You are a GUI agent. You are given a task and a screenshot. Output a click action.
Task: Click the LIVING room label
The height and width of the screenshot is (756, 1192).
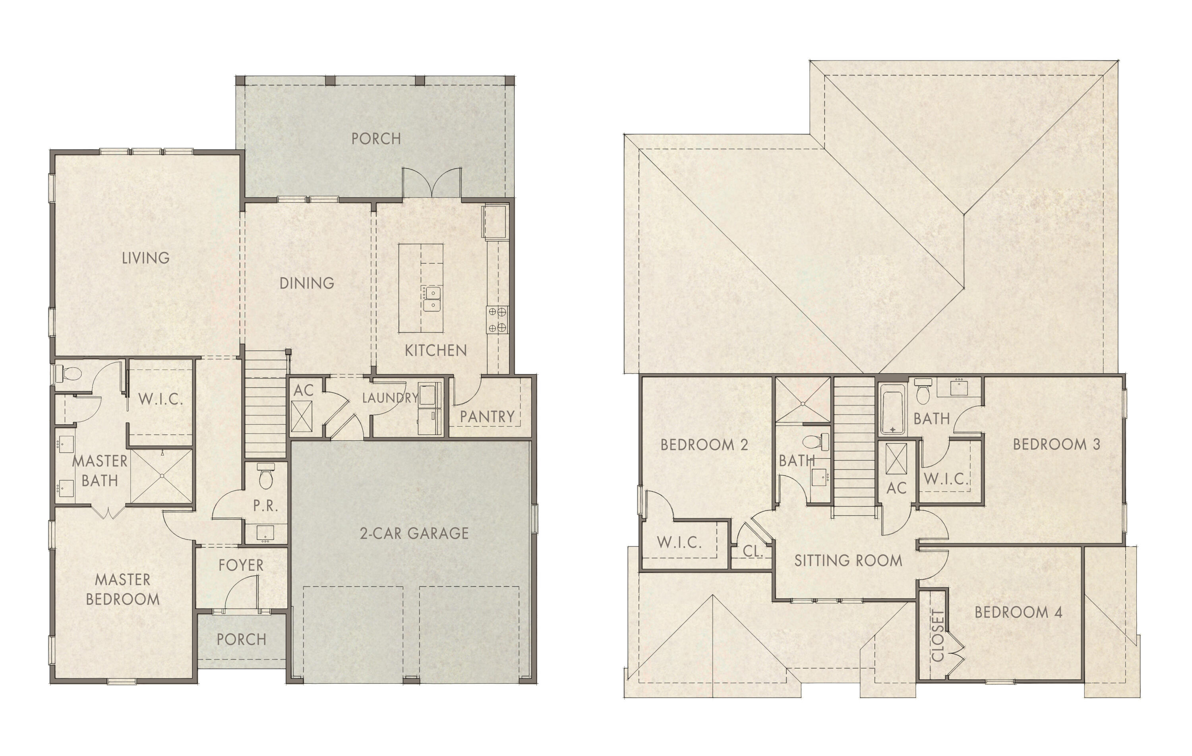[145, 258]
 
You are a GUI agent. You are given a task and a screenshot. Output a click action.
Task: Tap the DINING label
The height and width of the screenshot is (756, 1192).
[307, 283]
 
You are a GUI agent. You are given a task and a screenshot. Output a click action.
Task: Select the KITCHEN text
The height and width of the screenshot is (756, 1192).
[435, 350]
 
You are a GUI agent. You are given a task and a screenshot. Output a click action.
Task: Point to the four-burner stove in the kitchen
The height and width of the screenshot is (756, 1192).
[497, 319]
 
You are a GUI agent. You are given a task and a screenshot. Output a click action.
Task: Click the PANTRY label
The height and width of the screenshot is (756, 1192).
[487, 417]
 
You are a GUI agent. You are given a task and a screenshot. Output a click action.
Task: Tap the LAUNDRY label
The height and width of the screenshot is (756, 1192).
[390, 398]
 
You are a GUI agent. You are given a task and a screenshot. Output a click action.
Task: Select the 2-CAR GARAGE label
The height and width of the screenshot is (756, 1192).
[414, 533]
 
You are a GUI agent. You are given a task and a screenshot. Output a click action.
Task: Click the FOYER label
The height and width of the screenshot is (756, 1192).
[241, 565]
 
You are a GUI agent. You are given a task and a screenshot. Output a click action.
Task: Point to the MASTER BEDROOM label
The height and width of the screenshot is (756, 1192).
[123, 589]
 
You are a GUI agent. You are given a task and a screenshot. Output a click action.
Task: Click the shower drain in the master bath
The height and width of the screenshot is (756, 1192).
[162, 476]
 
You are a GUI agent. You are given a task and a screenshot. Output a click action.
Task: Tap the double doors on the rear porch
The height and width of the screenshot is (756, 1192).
[432, 183]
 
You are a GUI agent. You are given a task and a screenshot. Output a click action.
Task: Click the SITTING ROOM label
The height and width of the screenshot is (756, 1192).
[848, 561]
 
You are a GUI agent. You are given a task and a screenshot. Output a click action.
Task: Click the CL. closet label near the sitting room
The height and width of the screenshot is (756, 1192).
[752, 551]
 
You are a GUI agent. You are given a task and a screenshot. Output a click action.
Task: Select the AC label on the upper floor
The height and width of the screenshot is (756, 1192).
[896, 488]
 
